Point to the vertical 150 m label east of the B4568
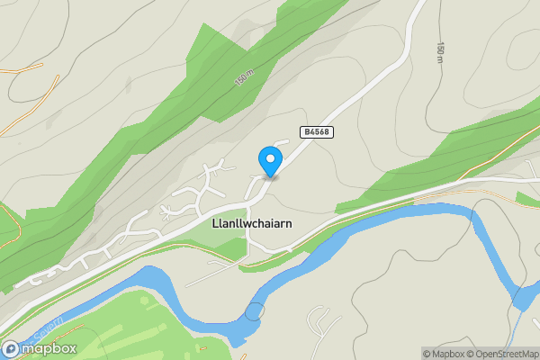pyautogui.click(x=440, y=52)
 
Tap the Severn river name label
pyautogui.click(x=51, y=321)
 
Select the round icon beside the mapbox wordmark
pyautogui.click(x=12, y=348)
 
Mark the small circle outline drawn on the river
pyautogui.click(x=255, y=312)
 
